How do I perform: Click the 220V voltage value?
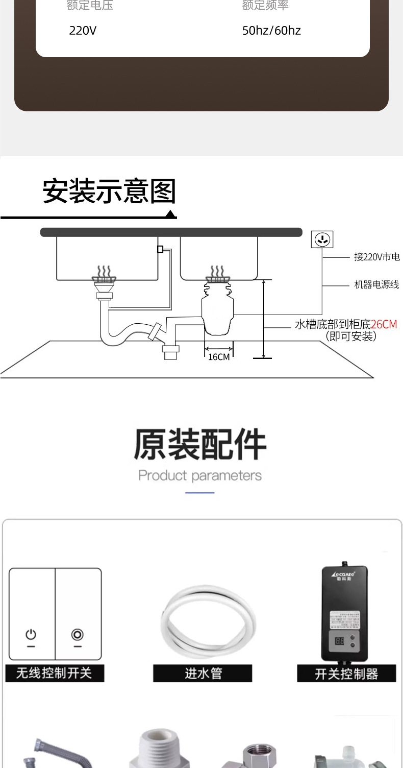pyautogui.click(x=83, y=31)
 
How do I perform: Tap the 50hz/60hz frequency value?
pyautogui.click(x=271, y=31)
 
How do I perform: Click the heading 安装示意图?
pyautogui.click(x=109, y=191)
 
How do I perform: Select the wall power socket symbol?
pyautogui.click(x=322, y=239)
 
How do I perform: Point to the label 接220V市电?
pyautogui.click(x=376, y=257)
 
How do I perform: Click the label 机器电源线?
pyautogui.click(x=376, y=284)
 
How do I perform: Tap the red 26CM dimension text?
pyautogui.click(x=384, y=324)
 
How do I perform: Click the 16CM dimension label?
pyautogui.click(x=219, y=357)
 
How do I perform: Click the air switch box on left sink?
pyautogui.click(x=160, y=249)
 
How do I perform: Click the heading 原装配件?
pyautogui.click(x=200, y=445)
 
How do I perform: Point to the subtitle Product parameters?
pyautogui.click(x=200, y=475)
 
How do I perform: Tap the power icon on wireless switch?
pyautogui.click(x=32, y=635)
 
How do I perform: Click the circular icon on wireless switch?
pyautogui.click(x=77, y=635)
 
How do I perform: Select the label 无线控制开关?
pyautogui.click(x=54, y=673)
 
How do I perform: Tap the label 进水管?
pyautogui.click(x=203, y=674)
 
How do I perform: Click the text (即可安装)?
pyautogui.click(x=351, y=337)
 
